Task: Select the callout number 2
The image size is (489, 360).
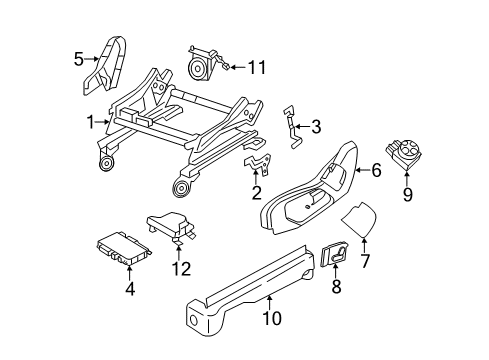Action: point(256,193)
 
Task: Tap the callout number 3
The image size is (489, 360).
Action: point(316,127)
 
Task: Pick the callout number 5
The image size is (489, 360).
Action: point(79,58)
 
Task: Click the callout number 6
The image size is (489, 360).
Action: point(376,171)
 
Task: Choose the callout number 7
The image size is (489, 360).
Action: point(364,262)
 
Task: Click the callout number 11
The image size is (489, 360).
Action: point(258,67)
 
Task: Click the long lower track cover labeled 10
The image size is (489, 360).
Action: point(250,280)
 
